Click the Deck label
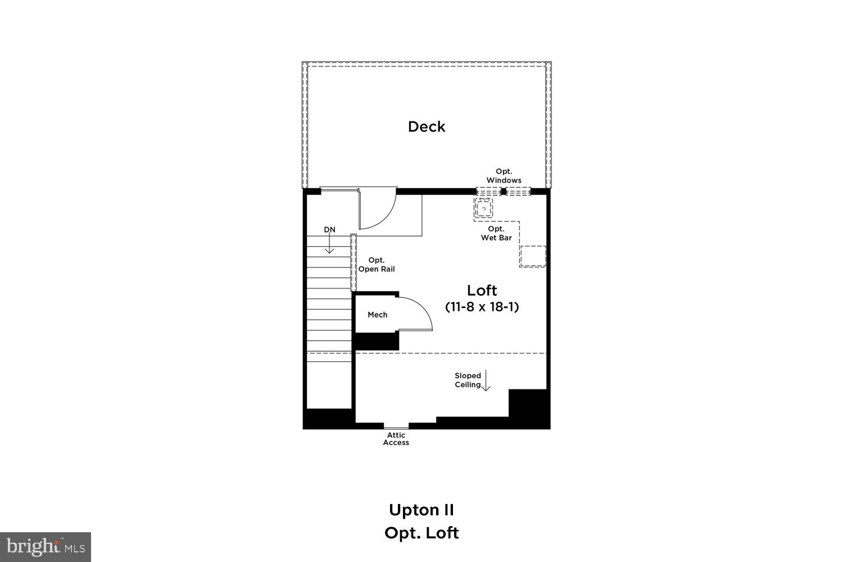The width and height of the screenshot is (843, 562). coord(427,127)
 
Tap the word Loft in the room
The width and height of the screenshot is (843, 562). coord(482,291)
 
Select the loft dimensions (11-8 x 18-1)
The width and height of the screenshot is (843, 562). coord(482,307)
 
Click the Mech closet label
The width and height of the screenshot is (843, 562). coord(377,315)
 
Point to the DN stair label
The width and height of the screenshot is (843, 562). coord(329,230)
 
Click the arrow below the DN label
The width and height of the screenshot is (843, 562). coord(330,244)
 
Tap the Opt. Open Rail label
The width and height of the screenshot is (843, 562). coord(377,265)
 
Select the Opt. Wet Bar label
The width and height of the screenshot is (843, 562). coord(496,233)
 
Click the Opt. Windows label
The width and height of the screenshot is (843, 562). coord(504,176)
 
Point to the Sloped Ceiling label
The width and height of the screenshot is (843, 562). coord(468,380)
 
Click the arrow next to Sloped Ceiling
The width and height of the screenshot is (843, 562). coord(486,380)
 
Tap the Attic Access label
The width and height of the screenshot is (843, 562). coord(396,439)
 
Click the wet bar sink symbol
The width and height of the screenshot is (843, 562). coord(483,208)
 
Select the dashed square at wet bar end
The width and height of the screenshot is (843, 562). coord(532,256)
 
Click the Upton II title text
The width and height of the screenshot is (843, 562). coord(422,510)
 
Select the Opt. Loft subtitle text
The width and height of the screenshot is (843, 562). coord(422,533)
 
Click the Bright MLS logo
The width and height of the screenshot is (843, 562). coord(45,546)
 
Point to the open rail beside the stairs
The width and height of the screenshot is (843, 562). coord(353,262)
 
